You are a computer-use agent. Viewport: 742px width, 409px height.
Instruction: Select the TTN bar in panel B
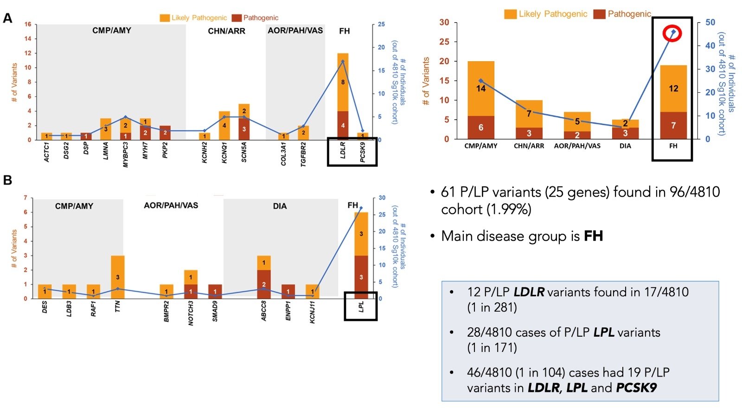coord(117,277)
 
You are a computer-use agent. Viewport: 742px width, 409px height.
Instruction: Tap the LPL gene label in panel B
coord(361,307)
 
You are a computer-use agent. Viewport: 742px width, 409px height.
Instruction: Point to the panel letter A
coord(7,18)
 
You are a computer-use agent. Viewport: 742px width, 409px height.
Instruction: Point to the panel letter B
coord(7,180)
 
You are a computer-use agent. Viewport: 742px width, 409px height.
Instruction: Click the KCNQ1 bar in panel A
coord(224,125)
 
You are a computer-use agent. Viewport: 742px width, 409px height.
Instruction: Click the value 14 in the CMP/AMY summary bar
coord(480,88)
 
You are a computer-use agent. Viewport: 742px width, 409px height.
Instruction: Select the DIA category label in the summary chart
coord(625,146)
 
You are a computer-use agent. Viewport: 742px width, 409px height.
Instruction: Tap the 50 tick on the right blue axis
coord(710,22)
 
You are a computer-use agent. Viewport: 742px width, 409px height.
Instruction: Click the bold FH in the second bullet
coord(593,236)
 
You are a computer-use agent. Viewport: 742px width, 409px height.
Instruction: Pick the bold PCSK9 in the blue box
coord(636,388)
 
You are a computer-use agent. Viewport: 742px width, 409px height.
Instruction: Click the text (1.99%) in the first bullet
coord(509,210)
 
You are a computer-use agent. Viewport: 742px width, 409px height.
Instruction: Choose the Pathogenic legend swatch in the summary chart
coord(599,14)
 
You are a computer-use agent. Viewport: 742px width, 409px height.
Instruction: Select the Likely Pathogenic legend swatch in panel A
coord(165,18)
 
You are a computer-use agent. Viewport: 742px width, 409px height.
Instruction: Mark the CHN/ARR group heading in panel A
coord(226,31)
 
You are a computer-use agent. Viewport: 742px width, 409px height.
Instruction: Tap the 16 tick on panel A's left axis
coord(28,24)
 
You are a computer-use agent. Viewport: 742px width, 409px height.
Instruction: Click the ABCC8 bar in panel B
coord(264,277)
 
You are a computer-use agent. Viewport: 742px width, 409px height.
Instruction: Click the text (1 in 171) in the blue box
coord(492,347)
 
